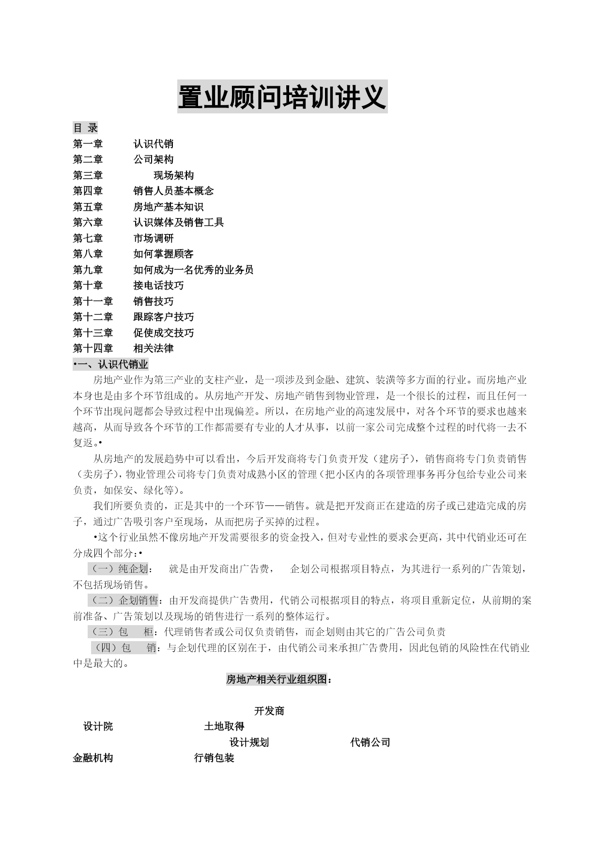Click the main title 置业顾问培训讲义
(282, 97)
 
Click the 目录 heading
(85, 128)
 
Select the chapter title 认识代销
(153, 144)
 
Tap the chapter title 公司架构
(153, 159)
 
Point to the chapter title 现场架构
(173, 175)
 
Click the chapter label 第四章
(88, 191)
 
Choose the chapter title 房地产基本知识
(168, 207)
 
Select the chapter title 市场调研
(153, 238)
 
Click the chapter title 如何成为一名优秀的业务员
(193, 270)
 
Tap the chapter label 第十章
(88, 285)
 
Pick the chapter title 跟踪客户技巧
(163, 317)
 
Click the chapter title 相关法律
(153, 348)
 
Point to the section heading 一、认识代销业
(111, 364)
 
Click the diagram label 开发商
(269, 711)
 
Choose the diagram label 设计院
(98, 726)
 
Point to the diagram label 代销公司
(370, 742)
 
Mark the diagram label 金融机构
(93, 758)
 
